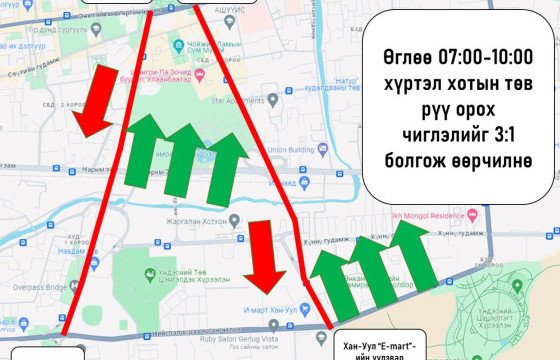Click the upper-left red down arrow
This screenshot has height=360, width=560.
click(x=95, y=101)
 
